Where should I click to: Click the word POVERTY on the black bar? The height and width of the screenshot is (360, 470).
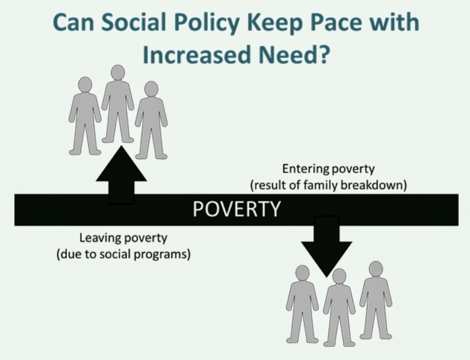pos(237,209)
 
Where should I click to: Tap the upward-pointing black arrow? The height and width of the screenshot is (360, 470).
pos(121,175)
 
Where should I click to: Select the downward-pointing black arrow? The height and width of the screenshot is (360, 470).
pos(327,247)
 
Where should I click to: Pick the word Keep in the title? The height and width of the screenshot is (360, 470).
pos(275,24)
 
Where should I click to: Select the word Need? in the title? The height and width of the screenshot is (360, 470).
pos(295,55)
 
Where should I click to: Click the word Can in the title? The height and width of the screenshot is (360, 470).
pos(73,23)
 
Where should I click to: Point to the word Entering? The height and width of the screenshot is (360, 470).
pos(305,169)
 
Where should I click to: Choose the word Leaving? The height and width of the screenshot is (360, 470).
pos(100,238)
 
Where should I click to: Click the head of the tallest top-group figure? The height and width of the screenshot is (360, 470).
pos(118,72)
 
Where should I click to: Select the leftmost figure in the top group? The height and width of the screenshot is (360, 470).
pos(85,116)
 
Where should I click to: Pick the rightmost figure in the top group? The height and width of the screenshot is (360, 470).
pos(151,120)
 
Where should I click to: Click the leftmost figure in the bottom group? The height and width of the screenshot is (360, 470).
pos(302,304)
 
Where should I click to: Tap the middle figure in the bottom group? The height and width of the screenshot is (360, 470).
pos(339,308)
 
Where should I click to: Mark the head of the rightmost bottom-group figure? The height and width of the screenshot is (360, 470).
pos(376,269)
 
